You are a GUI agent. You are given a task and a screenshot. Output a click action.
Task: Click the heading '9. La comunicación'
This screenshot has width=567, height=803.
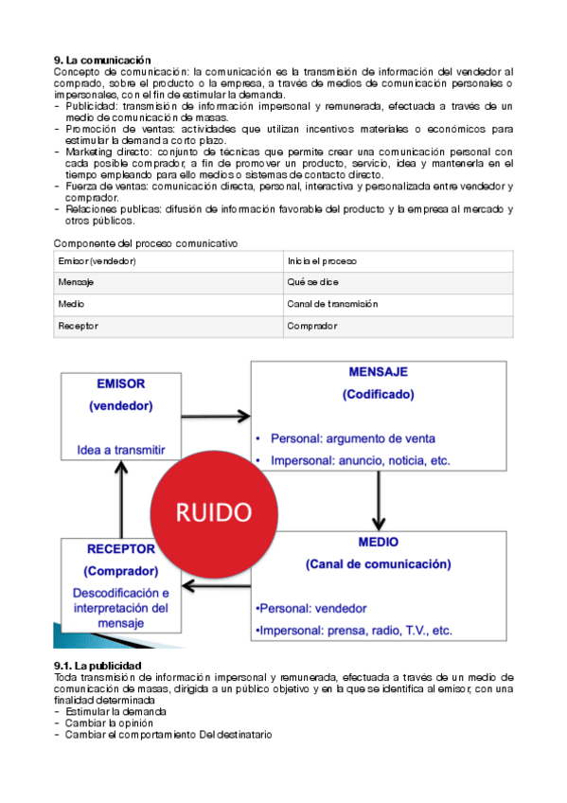[x=102, y=61]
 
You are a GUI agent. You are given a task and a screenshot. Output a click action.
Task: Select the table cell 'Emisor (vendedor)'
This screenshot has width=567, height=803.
[x=97, y=260]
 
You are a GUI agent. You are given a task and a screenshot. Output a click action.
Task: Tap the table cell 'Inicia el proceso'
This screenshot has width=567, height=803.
[x=322, y=260]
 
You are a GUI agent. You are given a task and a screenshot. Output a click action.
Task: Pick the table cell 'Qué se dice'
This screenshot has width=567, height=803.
[x=312, y=282]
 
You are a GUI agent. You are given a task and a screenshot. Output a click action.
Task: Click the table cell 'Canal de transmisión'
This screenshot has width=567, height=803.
[x=332, y=304]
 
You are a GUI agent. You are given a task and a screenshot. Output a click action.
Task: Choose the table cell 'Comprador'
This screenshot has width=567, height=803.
[x=311, y=326]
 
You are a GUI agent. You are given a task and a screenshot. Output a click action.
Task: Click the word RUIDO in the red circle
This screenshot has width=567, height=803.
[x=214, y=512]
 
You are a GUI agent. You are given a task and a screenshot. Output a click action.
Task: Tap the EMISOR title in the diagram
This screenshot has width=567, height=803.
[x=120, y=385]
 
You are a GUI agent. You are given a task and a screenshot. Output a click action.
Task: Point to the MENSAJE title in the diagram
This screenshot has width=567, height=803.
[x=378, y=373]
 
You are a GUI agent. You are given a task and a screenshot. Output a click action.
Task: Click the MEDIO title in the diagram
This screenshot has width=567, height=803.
[x=378, y=543]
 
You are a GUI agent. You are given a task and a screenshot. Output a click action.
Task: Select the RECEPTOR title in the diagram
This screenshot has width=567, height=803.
[x=120, y=549]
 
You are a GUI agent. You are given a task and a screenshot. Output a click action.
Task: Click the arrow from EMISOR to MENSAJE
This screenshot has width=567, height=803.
[x=215, y=415]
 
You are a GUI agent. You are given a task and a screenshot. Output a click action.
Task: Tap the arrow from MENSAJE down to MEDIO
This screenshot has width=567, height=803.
[x=379, y=500]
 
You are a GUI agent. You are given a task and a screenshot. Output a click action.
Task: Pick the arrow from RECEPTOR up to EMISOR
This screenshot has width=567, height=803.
[x=121, y=499]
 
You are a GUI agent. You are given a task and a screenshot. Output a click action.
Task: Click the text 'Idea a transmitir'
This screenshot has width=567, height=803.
[x=121, y=450]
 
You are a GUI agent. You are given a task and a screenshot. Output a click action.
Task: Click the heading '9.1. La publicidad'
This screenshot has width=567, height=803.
[x=97, y=666]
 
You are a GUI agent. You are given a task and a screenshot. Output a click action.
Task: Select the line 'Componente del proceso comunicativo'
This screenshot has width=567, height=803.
[x=145, y=243]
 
